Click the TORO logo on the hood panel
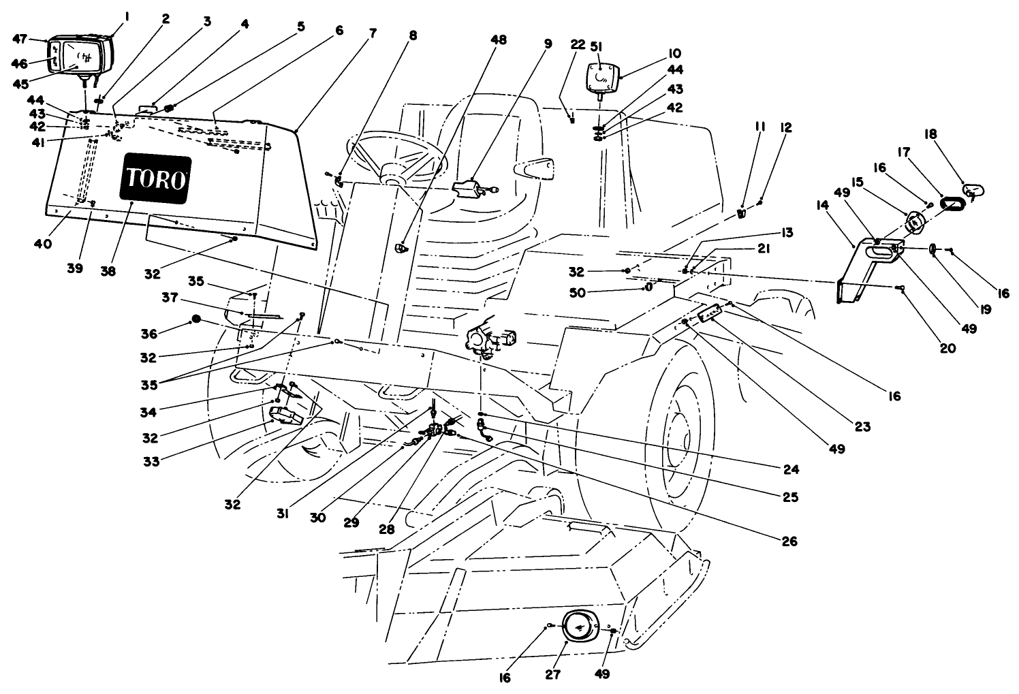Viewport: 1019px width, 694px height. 155,179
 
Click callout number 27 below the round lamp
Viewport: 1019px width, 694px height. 552,674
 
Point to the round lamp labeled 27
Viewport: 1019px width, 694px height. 576,626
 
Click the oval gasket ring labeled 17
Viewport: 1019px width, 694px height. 952,203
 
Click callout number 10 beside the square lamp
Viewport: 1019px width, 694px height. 674,53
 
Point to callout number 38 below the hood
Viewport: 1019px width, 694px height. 108,270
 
